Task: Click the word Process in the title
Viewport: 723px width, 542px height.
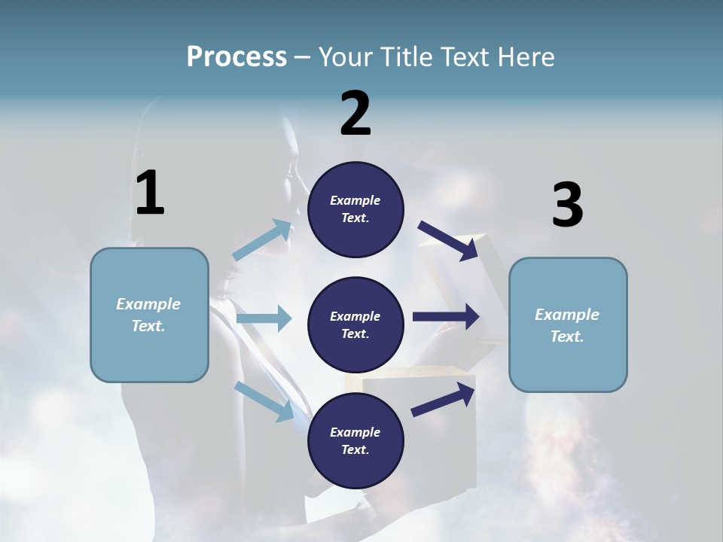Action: point(236,57)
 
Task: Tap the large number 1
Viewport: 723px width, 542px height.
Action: point(150,193)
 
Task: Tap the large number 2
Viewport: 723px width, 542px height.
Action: point(355,114)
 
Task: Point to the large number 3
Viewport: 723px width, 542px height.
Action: point(567,206)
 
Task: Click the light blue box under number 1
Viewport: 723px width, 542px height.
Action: point(149,315)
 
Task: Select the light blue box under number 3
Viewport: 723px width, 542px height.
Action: point(568,324)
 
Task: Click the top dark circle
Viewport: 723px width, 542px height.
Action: point(355,209)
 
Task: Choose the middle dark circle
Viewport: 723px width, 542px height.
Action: point(355,324)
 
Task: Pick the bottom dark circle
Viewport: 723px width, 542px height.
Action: point(355,440)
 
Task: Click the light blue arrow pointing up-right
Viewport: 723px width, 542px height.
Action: point(262,240)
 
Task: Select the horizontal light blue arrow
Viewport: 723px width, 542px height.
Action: point(264,318)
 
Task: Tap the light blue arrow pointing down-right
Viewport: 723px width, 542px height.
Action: point(264,401)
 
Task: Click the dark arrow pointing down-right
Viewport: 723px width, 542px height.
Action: point(449,240)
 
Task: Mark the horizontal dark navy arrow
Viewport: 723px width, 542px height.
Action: point(446,317)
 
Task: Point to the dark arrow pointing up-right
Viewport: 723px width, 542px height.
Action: point(444,400)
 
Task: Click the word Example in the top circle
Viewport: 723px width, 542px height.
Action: point(355,200)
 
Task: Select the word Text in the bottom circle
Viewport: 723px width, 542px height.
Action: point(354,449)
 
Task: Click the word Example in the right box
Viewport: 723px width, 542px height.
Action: point(567,315)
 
